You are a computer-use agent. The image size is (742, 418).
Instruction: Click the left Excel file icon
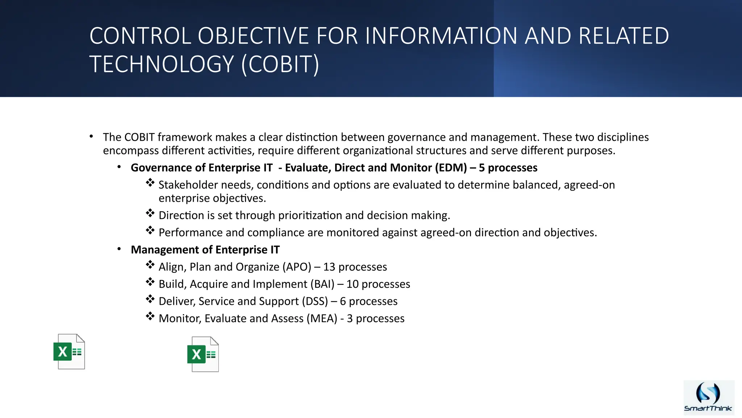[69, 351]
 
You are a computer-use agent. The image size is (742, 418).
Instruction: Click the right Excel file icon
[203, 354]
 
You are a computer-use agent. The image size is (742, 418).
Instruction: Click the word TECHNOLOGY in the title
[162, 64]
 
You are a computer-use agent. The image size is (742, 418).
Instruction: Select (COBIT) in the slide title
[280, 64]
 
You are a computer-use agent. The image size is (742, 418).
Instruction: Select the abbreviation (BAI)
[322, 284]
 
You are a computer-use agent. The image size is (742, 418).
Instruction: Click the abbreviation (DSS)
[314, 301]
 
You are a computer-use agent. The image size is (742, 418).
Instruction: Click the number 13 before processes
[329, 267]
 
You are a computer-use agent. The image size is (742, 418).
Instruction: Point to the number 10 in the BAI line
[352, 284]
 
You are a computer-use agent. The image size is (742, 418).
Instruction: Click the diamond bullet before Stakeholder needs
[150, 183]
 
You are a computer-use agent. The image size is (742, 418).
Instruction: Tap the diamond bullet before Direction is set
[150, 213]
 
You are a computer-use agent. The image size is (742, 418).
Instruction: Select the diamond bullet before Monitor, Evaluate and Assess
[150, 316]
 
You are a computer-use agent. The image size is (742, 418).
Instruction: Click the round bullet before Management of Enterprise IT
[119, 249]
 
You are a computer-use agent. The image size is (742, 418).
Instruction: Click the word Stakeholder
[188, 185]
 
